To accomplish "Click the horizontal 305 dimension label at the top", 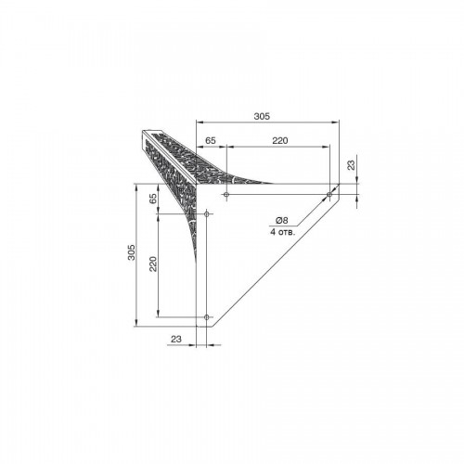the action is (262, 116).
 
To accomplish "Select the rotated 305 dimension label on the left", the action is (132, 252).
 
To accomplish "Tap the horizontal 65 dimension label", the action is (211, 140).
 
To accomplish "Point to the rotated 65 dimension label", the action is (153, 199).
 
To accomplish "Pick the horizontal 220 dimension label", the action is (280, 140).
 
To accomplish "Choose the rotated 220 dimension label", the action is (153, 264).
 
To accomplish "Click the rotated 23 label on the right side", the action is (351, 165).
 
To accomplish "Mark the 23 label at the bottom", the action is (176, 339).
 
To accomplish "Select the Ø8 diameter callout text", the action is (281, 220).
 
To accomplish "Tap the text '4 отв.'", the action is (283, 232).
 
